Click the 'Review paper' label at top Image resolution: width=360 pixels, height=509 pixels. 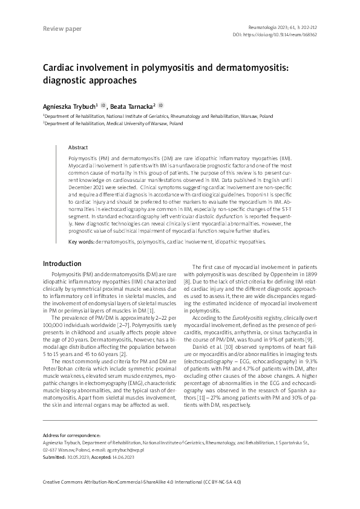click(x=62, y=28)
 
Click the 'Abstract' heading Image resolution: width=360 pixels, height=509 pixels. click(x=78, y=148)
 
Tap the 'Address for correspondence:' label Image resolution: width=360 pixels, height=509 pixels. click(x=71, y=435)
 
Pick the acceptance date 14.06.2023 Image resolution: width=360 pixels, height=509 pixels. click(x=123, y=458)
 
